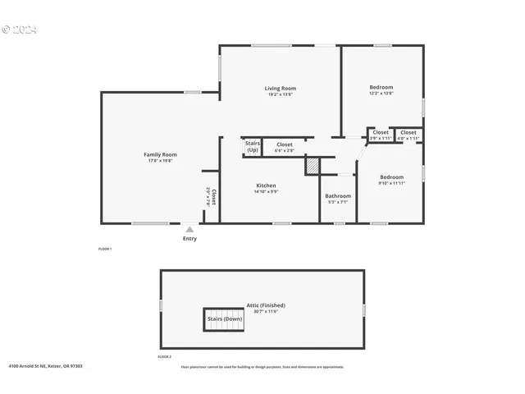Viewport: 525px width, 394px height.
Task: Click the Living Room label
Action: (x=280, y=88)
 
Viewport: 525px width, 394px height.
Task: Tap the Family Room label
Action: (x=161, y=154)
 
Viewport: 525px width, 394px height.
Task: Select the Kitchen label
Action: (x=266, y=186)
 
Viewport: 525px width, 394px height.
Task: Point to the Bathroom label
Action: (x=338, y=196)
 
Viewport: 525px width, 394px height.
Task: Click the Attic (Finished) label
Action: (x=266, y=305)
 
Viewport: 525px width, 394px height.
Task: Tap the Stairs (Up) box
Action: (x=253, y=147)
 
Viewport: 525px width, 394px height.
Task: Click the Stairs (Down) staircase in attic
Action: (x=225, y=319)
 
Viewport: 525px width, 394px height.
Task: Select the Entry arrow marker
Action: (x=189, y=230)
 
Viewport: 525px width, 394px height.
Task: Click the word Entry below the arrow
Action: (x=189, y=239)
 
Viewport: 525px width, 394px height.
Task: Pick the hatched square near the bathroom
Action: (x=312, y=165)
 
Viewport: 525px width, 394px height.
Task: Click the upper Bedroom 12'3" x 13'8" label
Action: (x=381, y=88)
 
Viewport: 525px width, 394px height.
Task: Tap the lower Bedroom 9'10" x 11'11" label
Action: (x=391, y=177)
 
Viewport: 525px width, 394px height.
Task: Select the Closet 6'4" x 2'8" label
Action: (x=284, y=144)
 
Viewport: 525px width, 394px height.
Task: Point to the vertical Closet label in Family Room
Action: (x=213, y=196)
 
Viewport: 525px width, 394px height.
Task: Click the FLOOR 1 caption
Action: (x=105, y=249)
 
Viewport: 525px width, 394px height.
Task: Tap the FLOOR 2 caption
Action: (x=165, y=357)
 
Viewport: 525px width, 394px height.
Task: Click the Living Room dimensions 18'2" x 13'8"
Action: (x=280, y=94)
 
